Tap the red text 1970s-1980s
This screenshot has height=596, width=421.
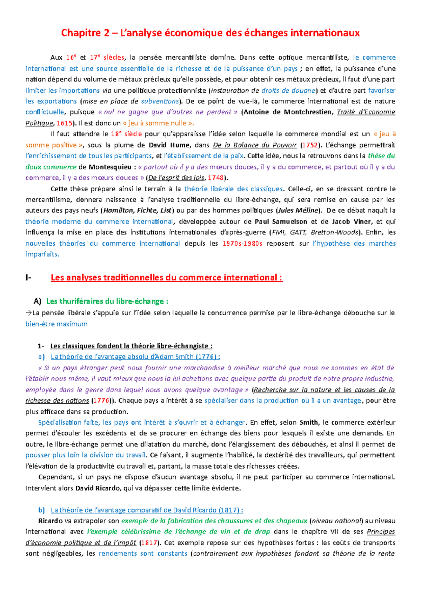coord(242,243)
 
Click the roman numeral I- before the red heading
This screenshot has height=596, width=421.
coord(28,278)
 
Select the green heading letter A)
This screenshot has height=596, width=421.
coord(37,301)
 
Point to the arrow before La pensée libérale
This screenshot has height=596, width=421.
coord(28,313)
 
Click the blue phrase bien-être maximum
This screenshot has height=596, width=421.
coord(56,324)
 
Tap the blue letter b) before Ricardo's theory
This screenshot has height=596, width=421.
coord(41,510)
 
